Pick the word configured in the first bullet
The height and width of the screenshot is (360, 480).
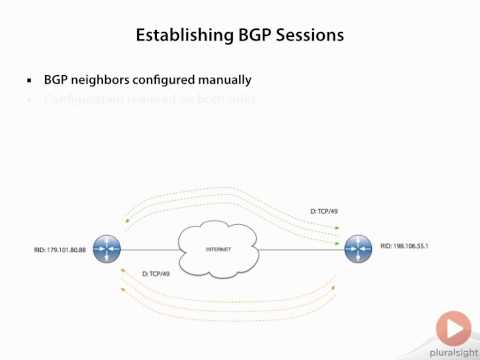click(x=163, y=79)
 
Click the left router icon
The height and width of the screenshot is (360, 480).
click(x=103, y=249)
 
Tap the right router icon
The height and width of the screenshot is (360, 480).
click(x=358, y=249)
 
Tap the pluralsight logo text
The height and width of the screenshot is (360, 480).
click(x=452, y=351)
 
